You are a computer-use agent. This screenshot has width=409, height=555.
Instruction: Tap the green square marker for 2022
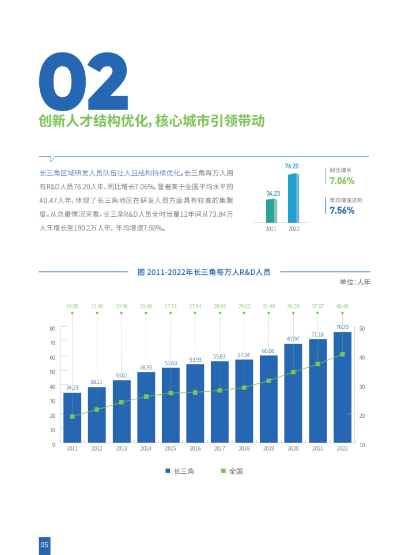[342, 354]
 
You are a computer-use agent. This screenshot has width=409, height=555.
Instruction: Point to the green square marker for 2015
[171, 393]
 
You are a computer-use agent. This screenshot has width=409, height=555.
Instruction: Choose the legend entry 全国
[232, 471]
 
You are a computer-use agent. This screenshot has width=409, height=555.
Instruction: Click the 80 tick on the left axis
[52, 328]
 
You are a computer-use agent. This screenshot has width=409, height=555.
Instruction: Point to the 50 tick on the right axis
[362, 328]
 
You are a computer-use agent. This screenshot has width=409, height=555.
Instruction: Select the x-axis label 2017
[219, 448]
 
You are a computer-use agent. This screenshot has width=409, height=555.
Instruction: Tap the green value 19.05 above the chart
[72, 306]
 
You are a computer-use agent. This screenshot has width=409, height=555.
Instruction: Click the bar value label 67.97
[293, 339]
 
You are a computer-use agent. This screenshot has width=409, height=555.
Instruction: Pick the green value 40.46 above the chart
[342, 306]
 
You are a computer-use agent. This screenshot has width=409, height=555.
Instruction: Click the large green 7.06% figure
[342, 181]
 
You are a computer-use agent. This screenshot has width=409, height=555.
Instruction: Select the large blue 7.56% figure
[342, 210]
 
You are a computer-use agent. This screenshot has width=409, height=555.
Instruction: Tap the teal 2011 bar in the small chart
[270, 211]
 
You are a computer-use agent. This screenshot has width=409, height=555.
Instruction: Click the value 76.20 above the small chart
[292, 167]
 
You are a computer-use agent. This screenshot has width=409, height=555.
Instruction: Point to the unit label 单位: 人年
[355, 282]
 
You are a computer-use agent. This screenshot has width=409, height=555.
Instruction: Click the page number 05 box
[45, 545]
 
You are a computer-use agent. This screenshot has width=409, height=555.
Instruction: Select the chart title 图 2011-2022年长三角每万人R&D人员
[204, 272]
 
